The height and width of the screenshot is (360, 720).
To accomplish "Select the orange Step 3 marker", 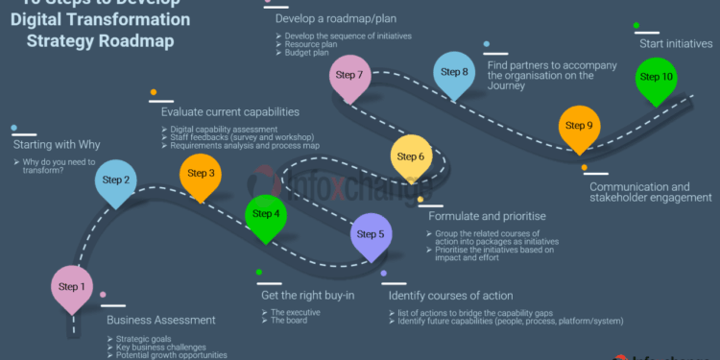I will tap(201, 175).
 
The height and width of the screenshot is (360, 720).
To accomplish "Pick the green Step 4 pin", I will tap(265, 215).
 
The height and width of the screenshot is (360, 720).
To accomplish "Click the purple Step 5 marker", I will tap(370, 235).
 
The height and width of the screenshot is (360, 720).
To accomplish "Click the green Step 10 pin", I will tap(657, 78).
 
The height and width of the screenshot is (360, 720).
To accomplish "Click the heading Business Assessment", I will tap(156, 320).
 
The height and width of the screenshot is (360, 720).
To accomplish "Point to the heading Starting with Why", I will tap(57, 145).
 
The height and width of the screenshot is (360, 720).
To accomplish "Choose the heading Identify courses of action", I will tap(450, 296).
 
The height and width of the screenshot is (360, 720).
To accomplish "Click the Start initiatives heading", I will tap(676, 43).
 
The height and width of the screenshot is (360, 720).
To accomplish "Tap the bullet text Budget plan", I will tap(307, 53).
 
